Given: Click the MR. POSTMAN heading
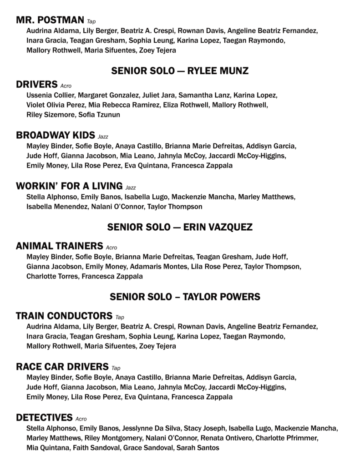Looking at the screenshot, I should [50, 20].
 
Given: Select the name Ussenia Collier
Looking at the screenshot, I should [50, 96].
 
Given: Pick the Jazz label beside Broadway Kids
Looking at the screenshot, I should [103, 137].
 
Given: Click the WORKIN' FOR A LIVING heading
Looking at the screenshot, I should [69, 186].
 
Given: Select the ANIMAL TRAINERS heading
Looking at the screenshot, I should [59, 246].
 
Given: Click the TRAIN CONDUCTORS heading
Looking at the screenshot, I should [64, 316].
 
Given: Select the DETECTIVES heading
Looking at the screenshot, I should [44, 418].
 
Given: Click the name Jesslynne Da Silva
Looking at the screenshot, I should [152, 428].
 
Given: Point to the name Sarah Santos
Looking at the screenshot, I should [200, 448].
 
